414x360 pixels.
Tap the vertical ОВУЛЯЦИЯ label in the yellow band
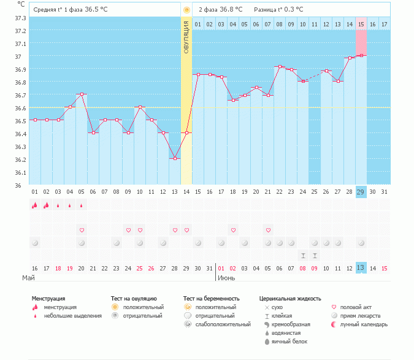click(186, 37)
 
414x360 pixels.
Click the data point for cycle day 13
click(175, 158)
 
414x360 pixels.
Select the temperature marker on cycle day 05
click(82, 94)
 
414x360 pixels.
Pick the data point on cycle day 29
click(361, 56)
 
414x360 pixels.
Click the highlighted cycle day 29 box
click(361, 192)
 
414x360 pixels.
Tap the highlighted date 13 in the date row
click(361, 268)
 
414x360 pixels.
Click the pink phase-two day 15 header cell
click(361, 24)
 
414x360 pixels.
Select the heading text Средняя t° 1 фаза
click(58, 10)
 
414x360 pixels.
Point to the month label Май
click(29, 278)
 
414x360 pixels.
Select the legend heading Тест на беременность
click(212, 299)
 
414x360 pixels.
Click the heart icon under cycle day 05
click(82, 230)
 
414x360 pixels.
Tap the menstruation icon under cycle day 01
click(34, 205)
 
